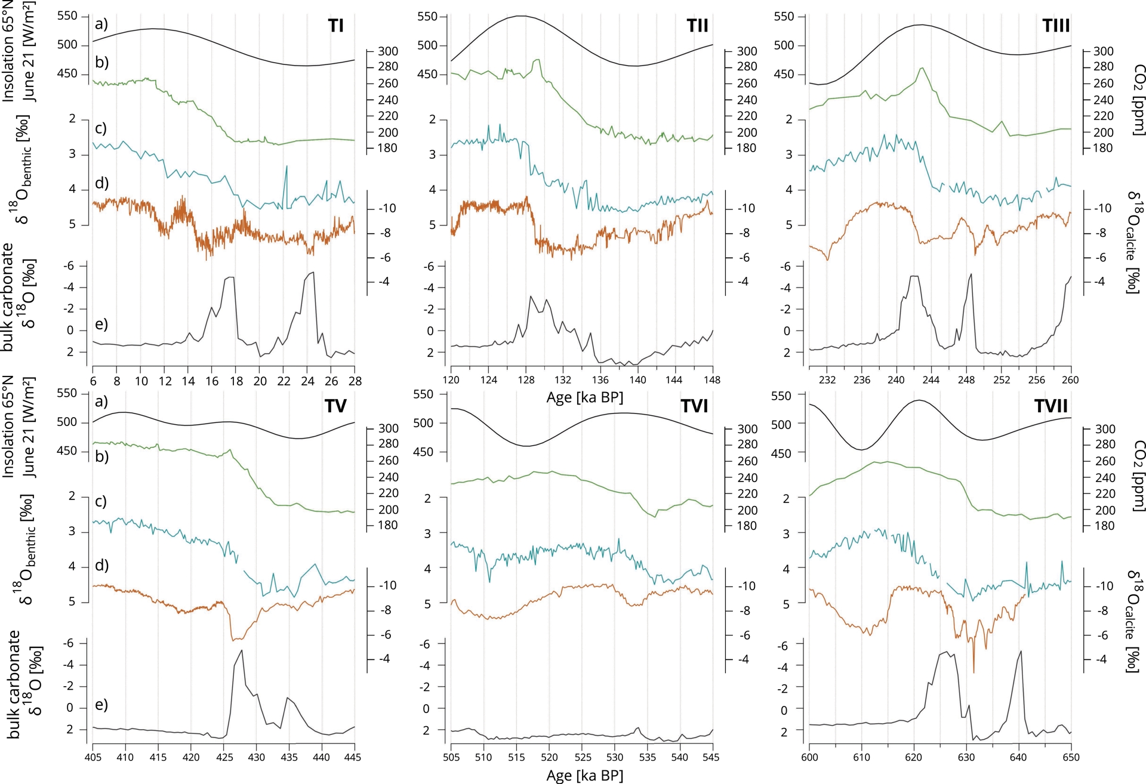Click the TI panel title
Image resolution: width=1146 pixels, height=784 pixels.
[335, 26]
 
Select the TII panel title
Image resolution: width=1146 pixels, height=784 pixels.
[697, 26]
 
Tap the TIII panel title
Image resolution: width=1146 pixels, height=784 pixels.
[1056, 26]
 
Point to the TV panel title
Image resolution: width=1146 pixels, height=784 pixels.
[335, 406]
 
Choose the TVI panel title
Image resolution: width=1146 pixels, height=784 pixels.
[694, 406]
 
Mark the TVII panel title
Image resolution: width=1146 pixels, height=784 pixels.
[1050, 406]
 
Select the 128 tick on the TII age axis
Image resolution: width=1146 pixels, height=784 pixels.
[526, 380]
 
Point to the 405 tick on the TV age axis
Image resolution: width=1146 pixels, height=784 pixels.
[93, 757]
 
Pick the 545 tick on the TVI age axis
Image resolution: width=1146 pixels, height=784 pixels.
[713, 757]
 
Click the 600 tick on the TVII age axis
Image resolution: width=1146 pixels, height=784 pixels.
[809, 757]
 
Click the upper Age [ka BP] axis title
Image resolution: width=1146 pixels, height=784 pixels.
[584, 397]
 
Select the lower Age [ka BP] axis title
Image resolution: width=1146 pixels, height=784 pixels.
[584, 775]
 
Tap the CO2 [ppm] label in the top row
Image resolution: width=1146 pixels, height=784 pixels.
[1139, 100]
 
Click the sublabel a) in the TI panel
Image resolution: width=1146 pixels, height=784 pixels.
[101, 24]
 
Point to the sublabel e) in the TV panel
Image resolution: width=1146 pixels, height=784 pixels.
[101, 705]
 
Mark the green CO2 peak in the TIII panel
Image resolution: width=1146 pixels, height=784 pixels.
[922, 68]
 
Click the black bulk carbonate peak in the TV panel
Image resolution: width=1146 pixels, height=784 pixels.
[241, 650]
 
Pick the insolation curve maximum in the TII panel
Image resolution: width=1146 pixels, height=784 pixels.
[521, 16]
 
